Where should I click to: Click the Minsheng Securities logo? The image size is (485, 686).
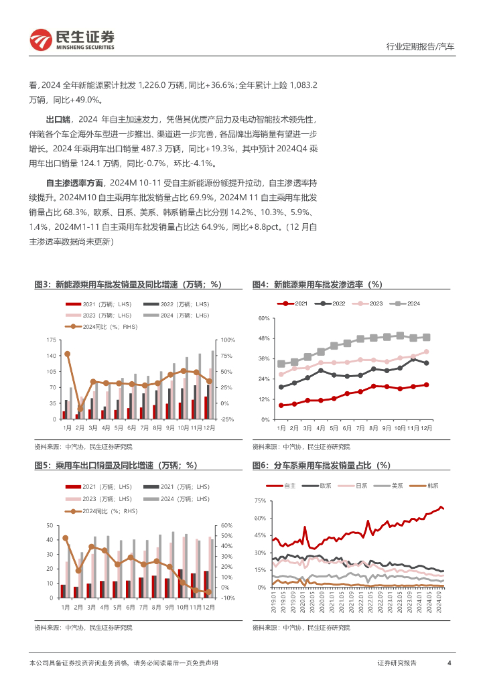(72, 40)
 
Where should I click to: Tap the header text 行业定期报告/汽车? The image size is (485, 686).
(421, 47)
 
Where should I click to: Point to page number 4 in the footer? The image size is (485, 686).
(449, 663)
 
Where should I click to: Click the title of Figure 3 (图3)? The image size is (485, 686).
(127, 284)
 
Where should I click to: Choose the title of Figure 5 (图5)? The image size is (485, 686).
(115, 465)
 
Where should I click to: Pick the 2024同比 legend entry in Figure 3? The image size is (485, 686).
(94, 326)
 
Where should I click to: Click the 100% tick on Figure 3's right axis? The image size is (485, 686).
(228, 340)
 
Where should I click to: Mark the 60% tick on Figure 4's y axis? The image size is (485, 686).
(263, 319)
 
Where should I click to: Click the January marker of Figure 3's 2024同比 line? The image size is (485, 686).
(67, 354)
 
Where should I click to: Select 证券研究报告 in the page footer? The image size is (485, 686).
(397, 663)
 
